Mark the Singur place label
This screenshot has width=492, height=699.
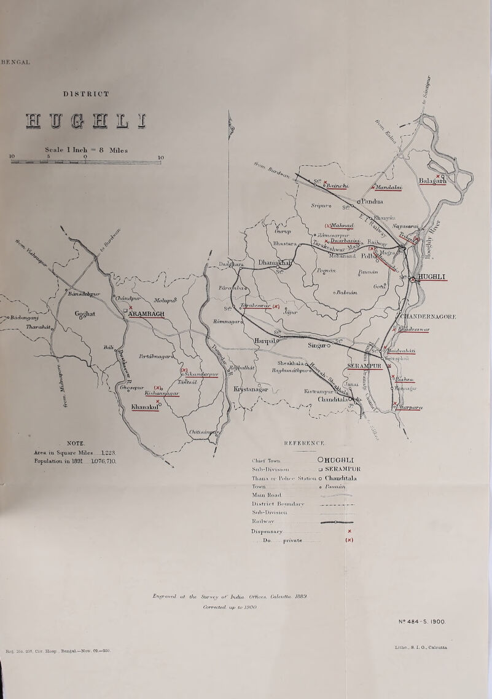click(322, 346)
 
